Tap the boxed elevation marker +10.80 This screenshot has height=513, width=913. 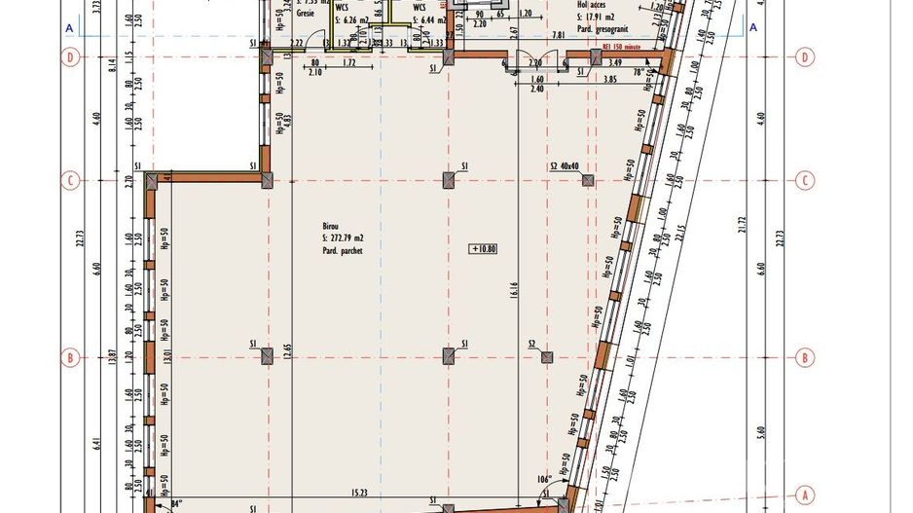tap(484, 248)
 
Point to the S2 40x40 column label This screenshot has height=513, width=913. tap(565, 166)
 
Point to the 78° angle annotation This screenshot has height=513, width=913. tap(639, 71)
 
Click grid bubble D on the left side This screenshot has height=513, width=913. tap(69, 57)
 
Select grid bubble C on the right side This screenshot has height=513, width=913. tap(805, 180)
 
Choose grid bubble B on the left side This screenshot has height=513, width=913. tap(69, 357)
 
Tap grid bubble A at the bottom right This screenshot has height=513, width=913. tap(805, 493)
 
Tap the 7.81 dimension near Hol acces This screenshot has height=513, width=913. tap(558, 35)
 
